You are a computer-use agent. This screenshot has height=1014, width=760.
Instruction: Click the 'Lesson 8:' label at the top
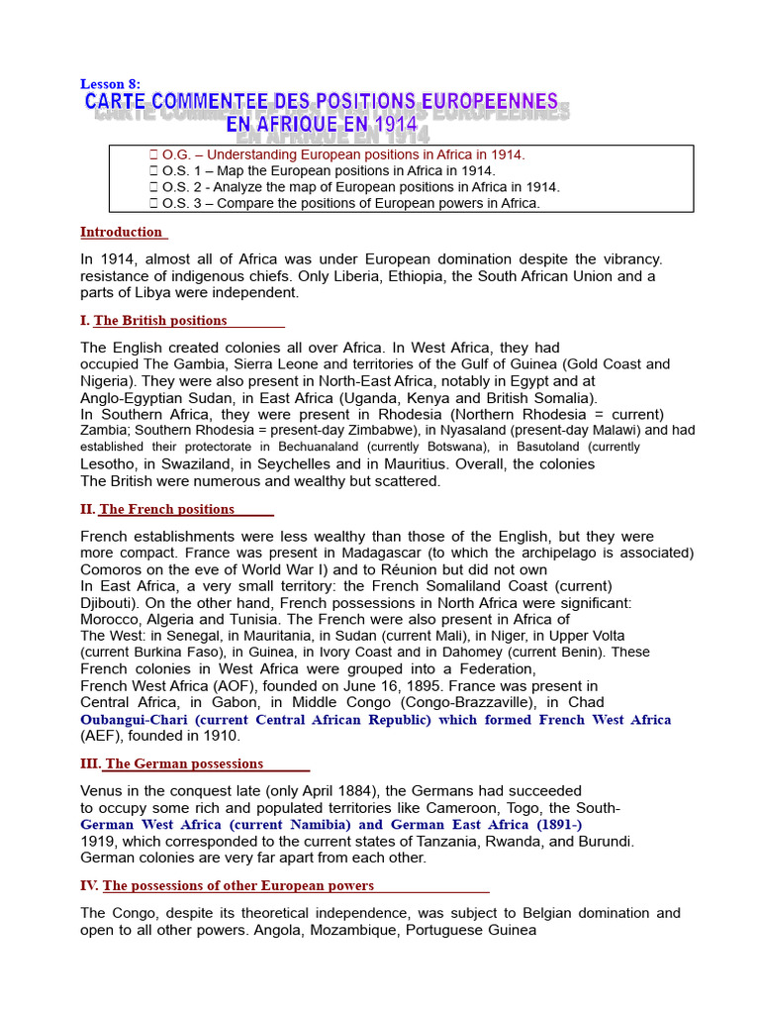tap(111, 84)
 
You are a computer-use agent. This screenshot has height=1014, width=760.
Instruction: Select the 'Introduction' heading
tap(121, 233)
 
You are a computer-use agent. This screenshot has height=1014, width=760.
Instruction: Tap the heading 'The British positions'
tap(160, 321)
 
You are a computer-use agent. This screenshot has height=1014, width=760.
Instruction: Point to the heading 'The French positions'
tap(167, 510)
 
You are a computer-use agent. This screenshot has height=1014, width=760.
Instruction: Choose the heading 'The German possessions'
tap(184, 764)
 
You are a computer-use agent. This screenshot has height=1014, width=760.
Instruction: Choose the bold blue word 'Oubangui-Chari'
tap(135, 720)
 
